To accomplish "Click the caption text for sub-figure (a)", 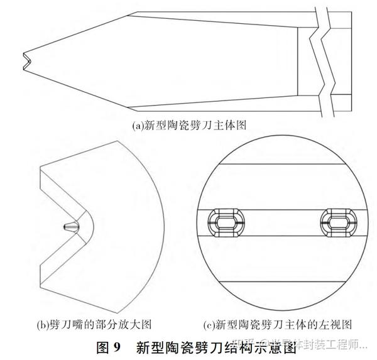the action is coord(188,125).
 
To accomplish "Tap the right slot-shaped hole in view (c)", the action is coord(338,223).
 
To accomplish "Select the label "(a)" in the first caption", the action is coord(138,125).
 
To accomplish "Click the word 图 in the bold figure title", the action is coord(104,345).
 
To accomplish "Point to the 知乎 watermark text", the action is coord(271,345).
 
